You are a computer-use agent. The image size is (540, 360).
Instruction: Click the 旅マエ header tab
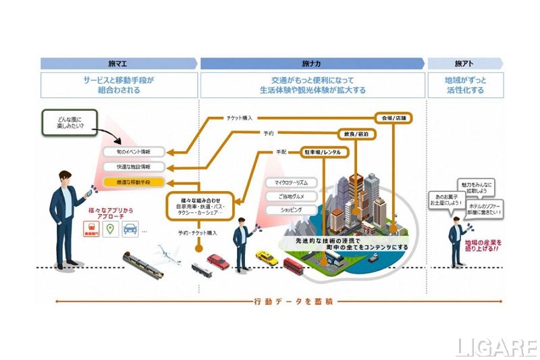point(119,63)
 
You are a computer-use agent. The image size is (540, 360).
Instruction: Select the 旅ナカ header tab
point(313,63)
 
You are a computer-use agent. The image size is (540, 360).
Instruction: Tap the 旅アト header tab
point(465,63)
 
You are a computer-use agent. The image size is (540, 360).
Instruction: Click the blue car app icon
point(129,230)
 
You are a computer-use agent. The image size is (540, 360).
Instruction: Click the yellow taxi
point(267,257)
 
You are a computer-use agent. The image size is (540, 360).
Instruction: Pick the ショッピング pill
point(286,210)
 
